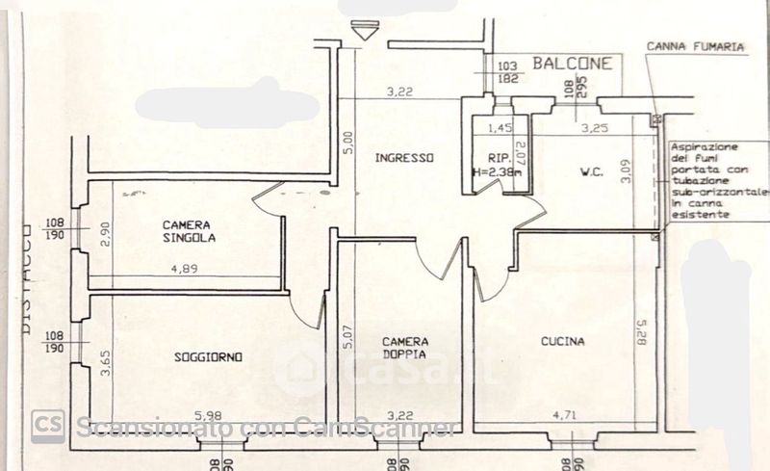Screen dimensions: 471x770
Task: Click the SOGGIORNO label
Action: coord(208,357)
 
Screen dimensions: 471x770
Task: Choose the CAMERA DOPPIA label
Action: coord(405,348)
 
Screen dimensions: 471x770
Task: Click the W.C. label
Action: coord(591,172)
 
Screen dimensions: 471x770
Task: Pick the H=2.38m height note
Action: coord(498,172)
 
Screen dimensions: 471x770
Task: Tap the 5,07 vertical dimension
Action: coord(347,342)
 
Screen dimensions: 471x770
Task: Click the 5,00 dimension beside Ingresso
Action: coord(348,143)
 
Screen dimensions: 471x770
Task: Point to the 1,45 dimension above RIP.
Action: coord(500,127)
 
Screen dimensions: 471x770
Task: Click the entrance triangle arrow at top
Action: coord(362,32)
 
